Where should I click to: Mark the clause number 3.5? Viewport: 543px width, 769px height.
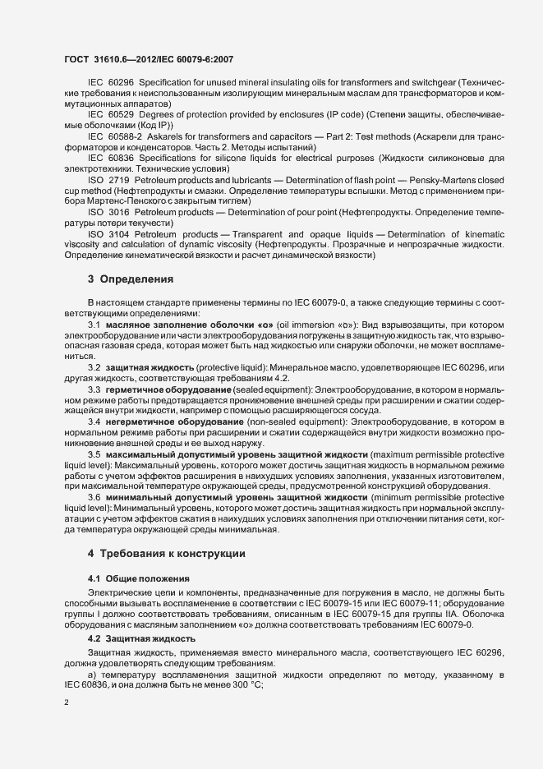tap(94, 454)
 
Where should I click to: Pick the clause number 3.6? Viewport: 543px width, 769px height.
tap(94, 498)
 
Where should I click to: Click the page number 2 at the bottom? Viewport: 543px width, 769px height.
tap(66, 703)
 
